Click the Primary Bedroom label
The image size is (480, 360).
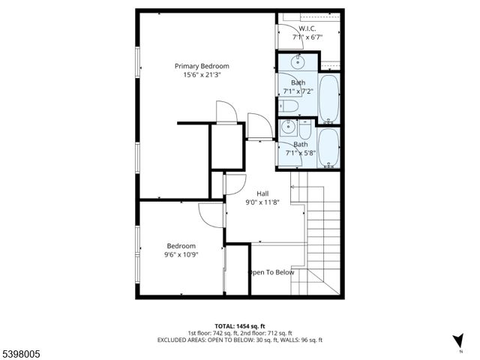click(202, 66)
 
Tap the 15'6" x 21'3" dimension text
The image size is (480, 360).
click(202, 75)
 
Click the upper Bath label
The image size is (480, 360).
click(298, 82)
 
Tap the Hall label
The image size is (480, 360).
click(262, 193)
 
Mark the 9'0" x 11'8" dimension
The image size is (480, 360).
click(262, 202)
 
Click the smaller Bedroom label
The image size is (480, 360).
click(181, 246)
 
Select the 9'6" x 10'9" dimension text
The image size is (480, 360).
click(181, 255)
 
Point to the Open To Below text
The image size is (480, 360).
click(271, 272)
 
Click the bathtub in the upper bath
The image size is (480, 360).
click(328, 97)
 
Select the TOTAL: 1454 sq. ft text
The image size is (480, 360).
click(239, 326)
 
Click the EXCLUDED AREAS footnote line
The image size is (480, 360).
click(239, 340)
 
